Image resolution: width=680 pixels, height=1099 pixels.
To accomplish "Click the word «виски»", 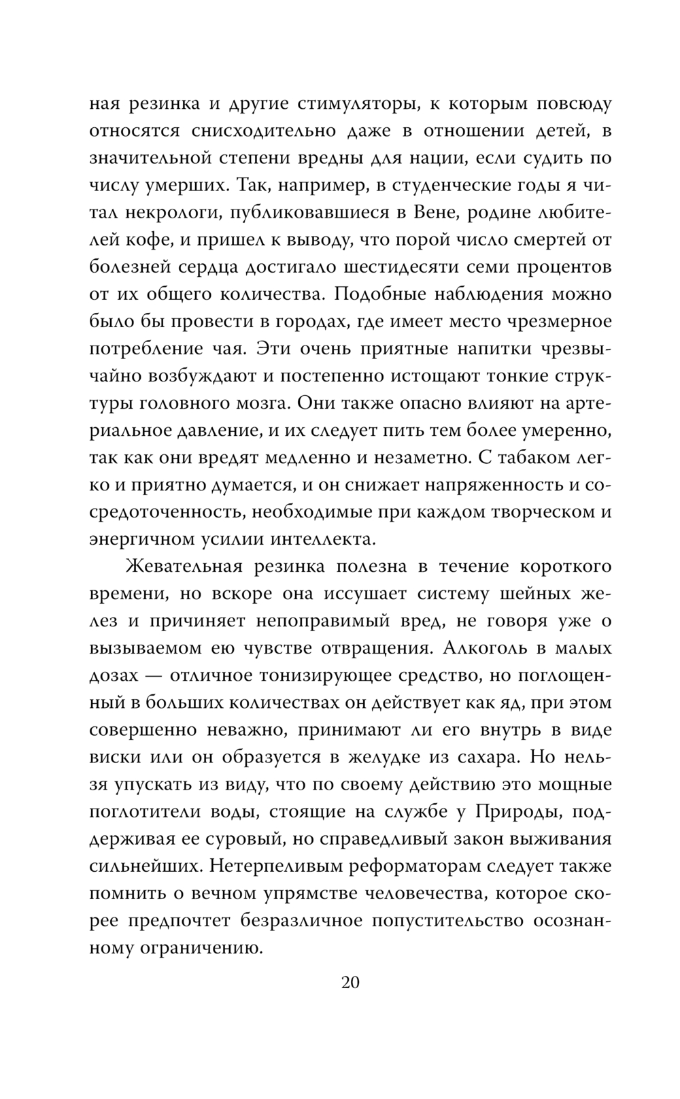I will (x=115, y=757).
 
